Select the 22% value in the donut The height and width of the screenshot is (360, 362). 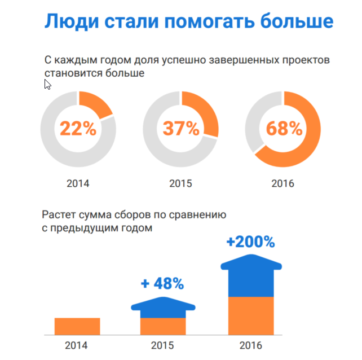pyautogui.click(x=78, y=129)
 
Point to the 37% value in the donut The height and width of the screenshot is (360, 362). pyautogui.click(x=182, y=129)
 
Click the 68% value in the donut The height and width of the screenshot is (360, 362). pyautogui.click(x=284, y=129)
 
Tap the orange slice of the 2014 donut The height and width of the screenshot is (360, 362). pyautogui.click(x=94, y=104)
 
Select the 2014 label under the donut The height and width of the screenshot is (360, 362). pyautogui.click(x=78, y=183)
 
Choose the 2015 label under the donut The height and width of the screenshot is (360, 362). pyautogui.click(x=181, y=183)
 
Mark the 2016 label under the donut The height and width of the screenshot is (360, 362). pyautogui.click(x=283, y=183)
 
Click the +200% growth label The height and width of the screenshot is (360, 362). pyautogui.click(x=251, y=242)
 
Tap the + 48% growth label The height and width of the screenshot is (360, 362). pyautogui.click(x=162, y=283)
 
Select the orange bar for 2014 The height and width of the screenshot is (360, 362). pyautogui.click(x=77, y=326)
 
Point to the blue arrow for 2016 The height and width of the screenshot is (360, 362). pyautogui.click(x=251, y=276)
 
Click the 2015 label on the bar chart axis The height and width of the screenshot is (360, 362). pyautogui.click(x=163, y=345)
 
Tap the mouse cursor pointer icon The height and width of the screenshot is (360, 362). pyautogui.click(x=47, y=84)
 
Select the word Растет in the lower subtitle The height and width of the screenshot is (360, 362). pyautogui.click(x=59, y=214)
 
